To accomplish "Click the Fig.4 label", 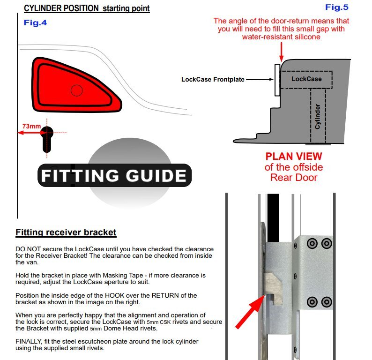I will tap(35, 22).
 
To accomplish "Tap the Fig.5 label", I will tap(337, 7).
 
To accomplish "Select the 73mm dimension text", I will tap(31, 126).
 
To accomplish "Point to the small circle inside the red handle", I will tap(76, 90).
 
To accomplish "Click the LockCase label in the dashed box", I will tap(306, 79).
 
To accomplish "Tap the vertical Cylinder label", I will tap(317, 116).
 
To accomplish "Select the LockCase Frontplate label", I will tap(213, 80).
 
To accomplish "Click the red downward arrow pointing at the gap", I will tap(281, 50).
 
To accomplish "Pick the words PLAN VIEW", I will tap(294, 157).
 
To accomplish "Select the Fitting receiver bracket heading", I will tap(66, 232).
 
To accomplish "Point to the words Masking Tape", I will tap(113, 275).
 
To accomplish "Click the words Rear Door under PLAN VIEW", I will tap(294, 178).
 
